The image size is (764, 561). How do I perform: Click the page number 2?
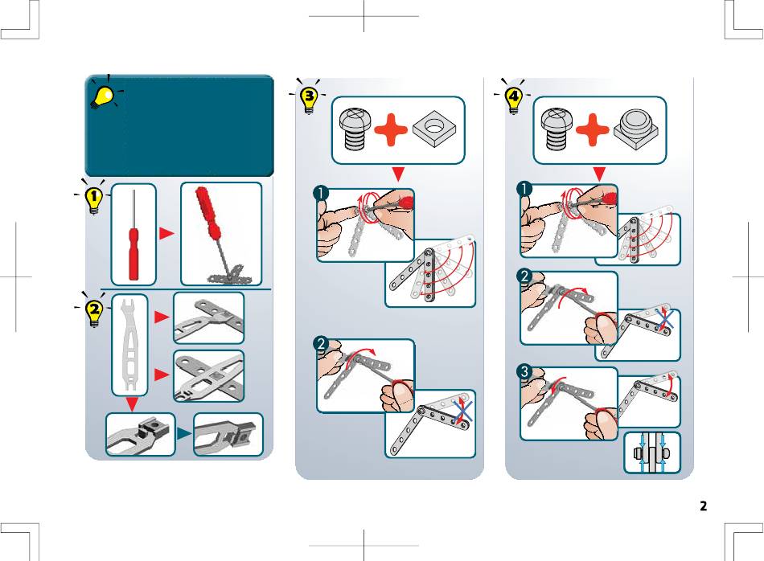click(703, 506)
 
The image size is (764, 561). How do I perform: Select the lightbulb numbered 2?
click(94, 313)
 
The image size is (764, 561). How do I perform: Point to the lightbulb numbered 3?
click(309, 100)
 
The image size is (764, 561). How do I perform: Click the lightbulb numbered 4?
click(514, 100)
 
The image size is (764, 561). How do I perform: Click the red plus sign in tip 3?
click(390, 130)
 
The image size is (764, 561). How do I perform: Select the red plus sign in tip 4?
click(592, 130)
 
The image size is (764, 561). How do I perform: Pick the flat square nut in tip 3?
click(434, 129)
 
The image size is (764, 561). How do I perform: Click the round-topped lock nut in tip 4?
click(636, 129)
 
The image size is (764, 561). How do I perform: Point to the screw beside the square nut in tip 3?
click(355, 129)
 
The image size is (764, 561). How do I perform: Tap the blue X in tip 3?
click(462, 412)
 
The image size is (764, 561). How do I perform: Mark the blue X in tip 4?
click(664, 320)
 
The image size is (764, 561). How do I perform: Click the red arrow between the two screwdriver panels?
click(166, 233)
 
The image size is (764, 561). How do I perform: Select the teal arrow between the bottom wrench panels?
click(183, 433)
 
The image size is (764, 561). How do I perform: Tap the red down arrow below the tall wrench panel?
click(131, 403)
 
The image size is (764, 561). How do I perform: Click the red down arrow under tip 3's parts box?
click(398, 174)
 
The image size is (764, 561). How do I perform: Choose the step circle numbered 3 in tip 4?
click(525, 373)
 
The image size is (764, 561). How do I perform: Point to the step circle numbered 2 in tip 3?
click(321, 344)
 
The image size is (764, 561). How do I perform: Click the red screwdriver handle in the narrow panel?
click(133, 254)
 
